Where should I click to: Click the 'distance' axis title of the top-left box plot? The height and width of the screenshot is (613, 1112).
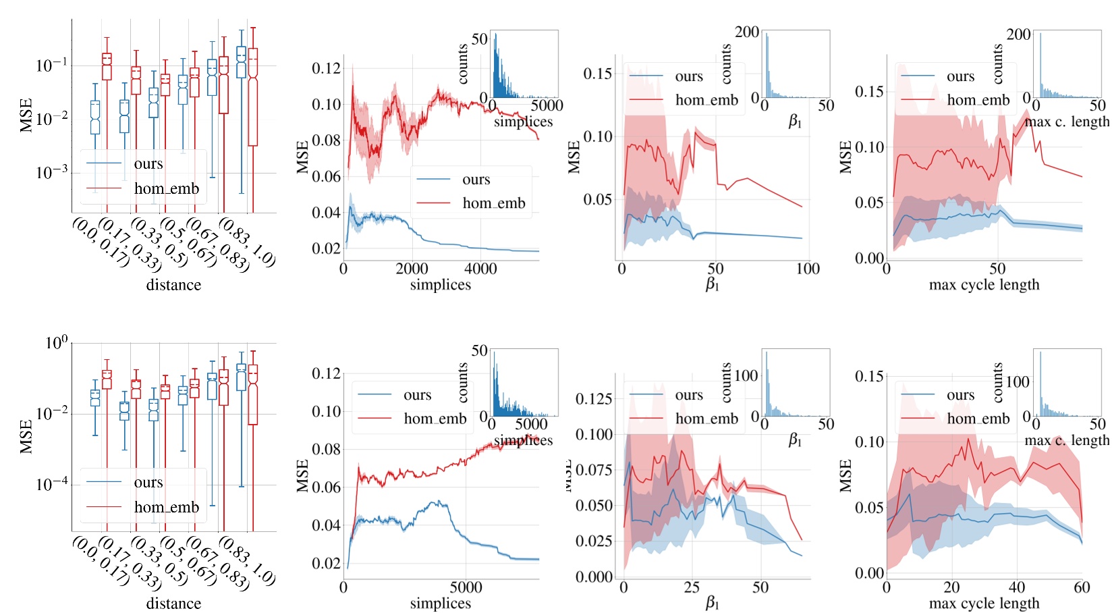[x=173, y=285]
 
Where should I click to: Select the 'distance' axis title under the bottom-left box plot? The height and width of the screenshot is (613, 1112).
[x=173, y=604]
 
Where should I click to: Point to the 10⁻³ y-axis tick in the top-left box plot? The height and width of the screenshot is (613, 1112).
[x=52, y=173]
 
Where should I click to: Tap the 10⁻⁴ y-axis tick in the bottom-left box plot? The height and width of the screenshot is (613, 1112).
[x=52, y=484]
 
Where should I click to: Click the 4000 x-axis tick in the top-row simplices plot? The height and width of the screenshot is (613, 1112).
[x=480, y=269]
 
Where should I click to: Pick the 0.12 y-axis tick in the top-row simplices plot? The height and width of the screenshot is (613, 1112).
[x=327, y=68]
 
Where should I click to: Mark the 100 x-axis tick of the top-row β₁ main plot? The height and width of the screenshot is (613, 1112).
[x=808, y=269]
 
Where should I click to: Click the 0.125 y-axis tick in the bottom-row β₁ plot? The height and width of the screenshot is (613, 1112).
[x=594, y=399]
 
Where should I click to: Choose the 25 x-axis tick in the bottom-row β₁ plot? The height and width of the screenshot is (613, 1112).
[x=692, y=587]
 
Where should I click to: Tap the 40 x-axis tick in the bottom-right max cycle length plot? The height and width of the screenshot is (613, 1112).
[x=1016, y=587]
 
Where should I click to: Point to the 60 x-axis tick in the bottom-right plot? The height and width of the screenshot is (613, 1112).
[x=1082, y=587]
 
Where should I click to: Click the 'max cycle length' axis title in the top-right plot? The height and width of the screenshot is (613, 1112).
[x=984, y=285]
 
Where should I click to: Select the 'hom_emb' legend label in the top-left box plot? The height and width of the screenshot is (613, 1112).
[x=167, y=189]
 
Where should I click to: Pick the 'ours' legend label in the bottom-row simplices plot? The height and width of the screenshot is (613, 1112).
[x=417, y=395]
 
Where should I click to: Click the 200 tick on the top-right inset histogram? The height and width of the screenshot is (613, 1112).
[x=1018, y=34]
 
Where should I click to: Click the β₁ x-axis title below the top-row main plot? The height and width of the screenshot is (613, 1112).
[x=712, y=285]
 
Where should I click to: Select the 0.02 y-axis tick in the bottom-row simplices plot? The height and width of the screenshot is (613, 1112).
[x=327, y=563]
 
